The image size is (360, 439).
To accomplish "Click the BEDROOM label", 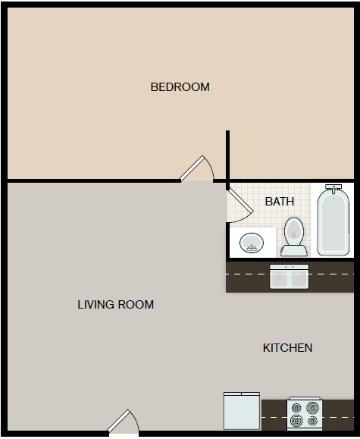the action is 180,86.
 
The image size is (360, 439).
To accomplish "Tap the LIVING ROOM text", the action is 116,305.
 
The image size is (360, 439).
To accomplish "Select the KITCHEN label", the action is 287,348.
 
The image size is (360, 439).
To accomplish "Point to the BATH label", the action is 280,202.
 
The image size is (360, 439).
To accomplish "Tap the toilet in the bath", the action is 294,237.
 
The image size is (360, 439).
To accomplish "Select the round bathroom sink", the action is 252,243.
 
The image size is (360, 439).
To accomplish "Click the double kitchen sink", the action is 290,277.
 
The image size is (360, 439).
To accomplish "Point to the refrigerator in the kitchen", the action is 242,411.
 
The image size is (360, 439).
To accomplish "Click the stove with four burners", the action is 305,413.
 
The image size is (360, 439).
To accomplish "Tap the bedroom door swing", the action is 197,169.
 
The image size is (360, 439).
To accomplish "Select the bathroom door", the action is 240,205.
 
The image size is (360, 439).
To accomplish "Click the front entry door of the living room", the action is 124,421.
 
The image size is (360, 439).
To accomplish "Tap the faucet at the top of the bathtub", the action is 333,189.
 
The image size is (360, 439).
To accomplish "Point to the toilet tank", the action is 294,251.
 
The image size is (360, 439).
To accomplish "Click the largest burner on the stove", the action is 312,408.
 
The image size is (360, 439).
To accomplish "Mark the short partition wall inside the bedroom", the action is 228,160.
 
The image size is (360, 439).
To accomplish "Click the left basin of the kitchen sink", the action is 280,279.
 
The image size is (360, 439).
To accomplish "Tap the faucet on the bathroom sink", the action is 252,248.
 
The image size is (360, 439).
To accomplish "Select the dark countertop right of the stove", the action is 338,415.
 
